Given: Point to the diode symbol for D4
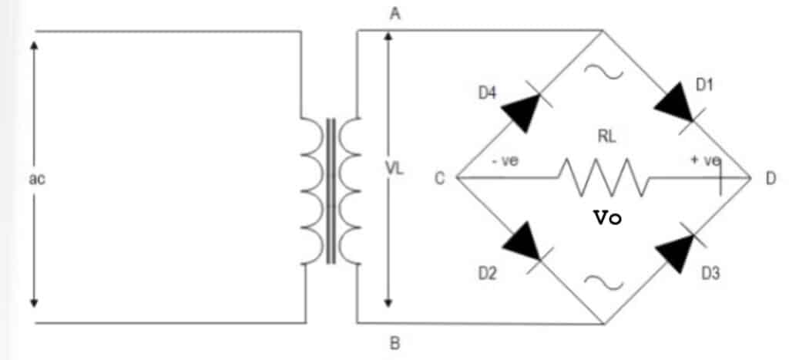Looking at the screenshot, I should [x=522, y=108].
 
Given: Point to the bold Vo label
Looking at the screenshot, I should [x=606, y=218].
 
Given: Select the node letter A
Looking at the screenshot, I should [x=394, y=13].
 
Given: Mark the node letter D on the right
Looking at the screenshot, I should [x=771, y=179].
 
